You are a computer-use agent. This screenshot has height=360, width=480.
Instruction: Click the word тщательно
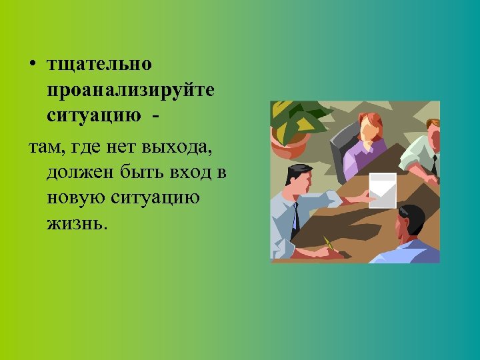click(99, 65)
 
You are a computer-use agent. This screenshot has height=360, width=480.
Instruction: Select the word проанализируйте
click(131, 90)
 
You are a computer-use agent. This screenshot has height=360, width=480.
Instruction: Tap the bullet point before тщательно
click(33, 65)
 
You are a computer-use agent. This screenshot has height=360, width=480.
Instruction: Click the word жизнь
click(75, 223)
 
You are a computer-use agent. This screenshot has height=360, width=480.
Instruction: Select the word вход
click(193, 173)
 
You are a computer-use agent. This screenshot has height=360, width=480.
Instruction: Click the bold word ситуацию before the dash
click(94, 115)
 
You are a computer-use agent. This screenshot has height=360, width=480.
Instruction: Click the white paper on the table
click(383, 189)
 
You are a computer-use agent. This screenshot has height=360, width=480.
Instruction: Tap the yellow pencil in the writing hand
click(328, 243)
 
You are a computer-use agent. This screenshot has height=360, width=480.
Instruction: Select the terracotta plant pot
click(292, 143)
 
